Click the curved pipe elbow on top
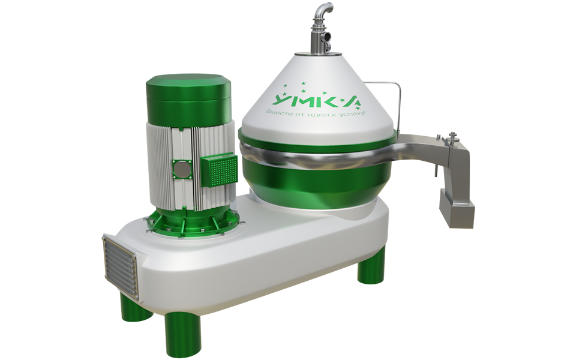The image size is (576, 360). [x=323, y=11]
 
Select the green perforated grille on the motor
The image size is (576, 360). [x=219, y=170]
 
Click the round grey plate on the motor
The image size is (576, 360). [x=182, y=170]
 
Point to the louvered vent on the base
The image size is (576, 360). [x=120, y=268]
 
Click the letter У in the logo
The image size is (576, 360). [x=282, y=100]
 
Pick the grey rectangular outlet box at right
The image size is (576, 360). [x=457, y=208]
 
